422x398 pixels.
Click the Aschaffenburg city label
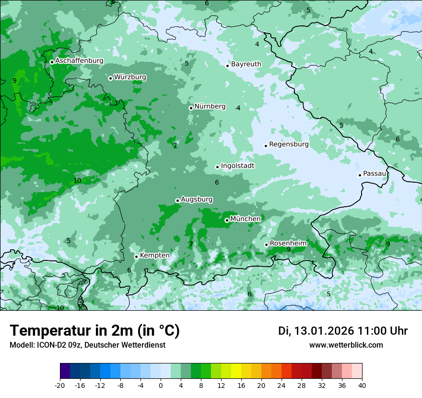pos(79,61)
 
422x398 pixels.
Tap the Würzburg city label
pos(130,77)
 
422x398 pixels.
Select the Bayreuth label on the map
pos(246,64)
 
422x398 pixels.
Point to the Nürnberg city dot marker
pos(191,108)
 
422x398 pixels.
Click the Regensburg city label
pos(289,144)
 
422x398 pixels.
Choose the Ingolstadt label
pos(237,166)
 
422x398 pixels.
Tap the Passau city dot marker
pos(360,175)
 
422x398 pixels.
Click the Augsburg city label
pos(197,199)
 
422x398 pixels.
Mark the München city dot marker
pos(227,221)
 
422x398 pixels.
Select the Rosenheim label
pos(288,244)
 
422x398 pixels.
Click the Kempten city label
pos(154,256)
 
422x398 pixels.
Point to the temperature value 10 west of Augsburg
pos(77,181)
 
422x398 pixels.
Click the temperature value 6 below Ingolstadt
pos(217,182)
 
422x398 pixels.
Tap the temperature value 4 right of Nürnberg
pos(238,108)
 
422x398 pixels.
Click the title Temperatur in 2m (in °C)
pos(94,331)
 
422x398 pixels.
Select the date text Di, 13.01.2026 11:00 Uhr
pos(343,331)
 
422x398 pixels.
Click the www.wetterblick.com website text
pos(346,345)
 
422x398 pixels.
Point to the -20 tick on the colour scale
pos(60,385)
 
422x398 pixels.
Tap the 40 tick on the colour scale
pos(362,385)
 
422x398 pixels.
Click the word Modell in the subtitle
pos(21,345)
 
